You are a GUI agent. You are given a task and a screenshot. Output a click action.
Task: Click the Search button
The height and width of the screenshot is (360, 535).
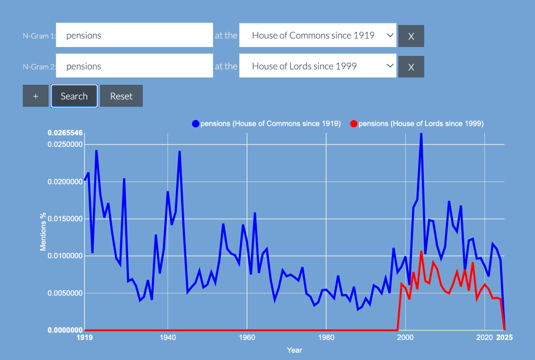coord(74,96)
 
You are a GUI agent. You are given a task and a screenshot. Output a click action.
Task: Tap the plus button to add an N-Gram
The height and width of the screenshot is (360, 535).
coord(36,96)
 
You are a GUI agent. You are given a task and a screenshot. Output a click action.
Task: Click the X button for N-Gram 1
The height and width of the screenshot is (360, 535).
coord(411,36)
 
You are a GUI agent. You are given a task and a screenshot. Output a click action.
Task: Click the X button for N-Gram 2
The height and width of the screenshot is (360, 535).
coord(411,67)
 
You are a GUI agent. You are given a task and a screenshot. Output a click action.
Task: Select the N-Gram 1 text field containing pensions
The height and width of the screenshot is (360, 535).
coord(134,35)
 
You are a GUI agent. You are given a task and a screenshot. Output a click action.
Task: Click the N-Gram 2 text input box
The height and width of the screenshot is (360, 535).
coord(134,66)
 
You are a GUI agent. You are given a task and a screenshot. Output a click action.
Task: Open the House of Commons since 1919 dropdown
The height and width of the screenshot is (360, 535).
coord(318,35)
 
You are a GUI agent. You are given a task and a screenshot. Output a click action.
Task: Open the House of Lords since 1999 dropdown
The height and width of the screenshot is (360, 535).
coord(318,66)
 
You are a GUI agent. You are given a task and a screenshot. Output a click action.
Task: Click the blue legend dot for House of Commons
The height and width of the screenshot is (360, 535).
coord(196,124)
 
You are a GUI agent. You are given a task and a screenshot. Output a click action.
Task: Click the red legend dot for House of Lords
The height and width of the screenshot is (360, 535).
coord(353,124)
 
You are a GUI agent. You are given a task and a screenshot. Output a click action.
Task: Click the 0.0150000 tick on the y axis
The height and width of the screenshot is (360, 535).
coord(65,219)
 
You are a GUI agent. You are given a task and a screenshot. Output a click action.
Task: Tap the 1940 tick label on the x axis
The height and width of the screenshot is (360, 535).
coord(167,338)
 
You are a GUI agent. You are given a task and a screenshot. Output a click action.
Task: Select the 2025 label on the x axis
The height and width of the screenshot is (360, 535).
coord(504,338)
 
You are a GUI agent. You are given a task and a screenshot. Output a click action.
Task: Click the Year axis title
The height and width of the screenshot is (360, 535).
coord(294,350)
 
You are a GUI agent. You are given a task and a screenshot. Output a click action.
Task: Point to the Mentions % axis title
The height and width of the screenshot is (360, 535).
coord(43,231)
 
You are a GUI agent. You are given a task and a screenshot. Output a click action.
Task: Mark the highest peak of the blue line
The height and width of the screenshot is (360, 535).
coord(421,134)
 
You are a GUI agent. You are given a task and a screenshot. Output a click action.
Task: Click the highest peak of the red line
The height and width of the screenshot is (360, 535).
coord(421,252)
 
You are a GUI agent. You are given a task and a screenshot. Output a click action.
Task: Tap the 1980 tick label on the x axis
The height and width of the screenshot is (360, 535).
coord(326,338)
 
